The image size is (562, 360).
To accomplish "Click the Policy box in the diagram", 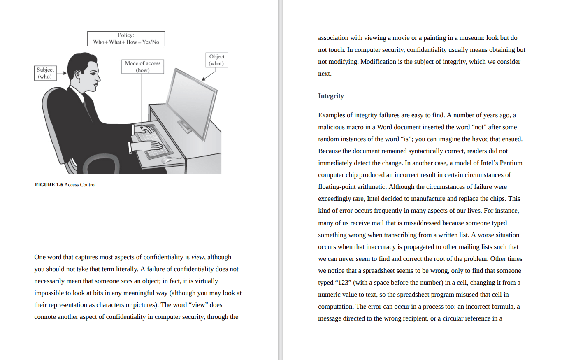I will [x=126, y=39].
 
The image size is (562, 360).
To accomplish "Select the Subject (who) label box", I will [x=45, y=73].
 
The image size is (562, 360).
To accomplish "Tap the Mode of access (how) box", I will [x=143, y=67].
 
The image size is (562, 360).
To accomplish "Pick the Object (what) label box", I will [x=216, y=60].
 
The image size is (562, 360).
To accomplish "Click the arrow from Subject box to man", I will [x=61, y=73].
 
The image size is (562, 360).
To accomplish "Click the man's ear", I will [x=77, y=76].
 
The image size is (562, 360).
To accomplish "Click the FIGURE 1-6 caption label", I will [x=49, y=185].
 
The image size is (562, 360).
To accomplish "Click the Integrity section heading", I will [x=331, y=96].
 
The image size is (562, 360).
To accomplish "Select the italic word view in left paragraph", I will [x=198, y=257].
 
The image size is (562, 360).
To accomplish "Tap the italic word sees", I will [x=126, y=281].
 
